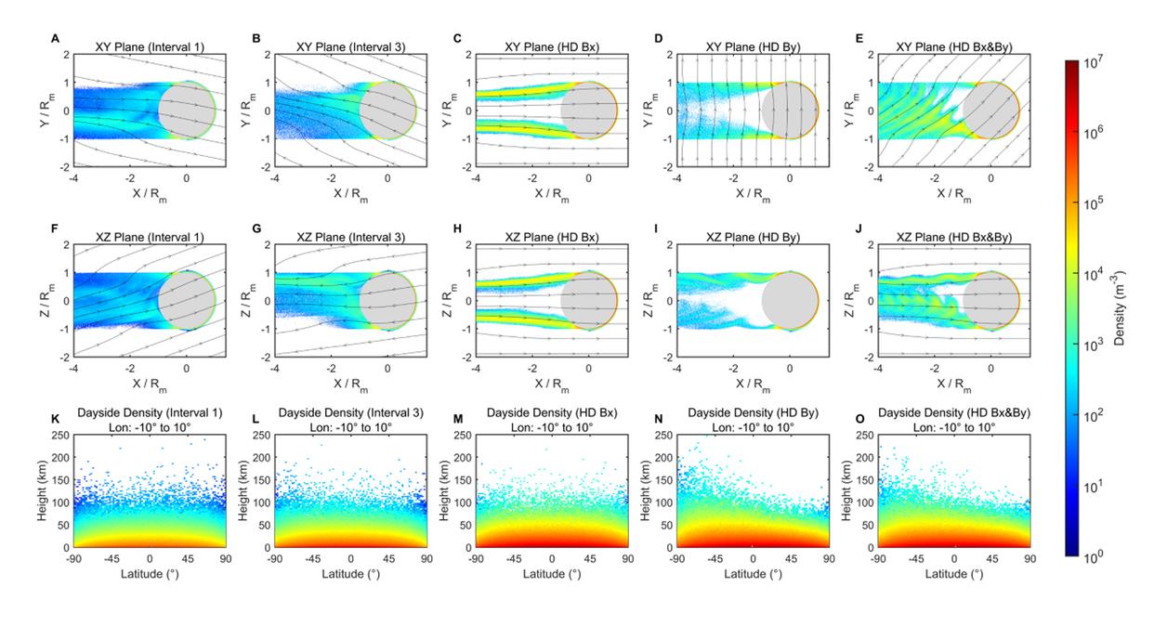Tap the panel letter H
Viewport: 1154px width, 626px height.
pos(457,228)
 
